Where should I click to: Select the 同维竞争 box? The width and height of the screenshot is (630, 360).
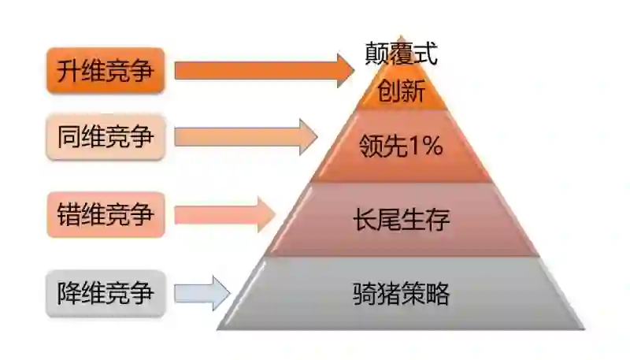tap(106, 138)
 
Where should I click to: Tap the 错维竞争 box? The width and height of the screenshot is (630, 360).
tap(106, 214)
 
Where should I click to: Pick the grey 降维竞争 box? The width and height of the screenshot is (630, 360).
tap(106, 293)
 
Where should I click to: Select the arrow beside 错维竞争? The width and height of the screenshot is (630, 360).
tap(225, 214)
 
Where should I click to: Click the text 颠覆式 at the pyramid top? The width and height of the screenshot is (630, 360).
tap(401, 54)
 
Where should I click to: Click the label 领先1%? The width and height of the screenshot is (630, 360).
tap(401, 146)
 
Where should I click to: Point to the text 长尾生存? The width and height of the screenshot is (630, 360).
tap(401, 220)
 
